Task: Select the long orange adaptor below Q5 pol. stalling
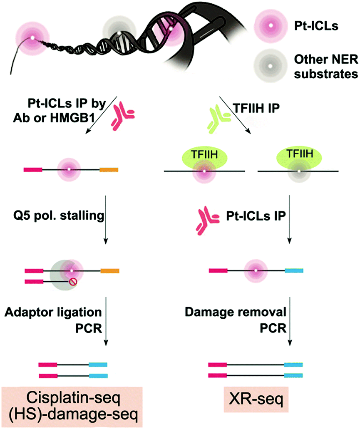pos(110,271)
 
